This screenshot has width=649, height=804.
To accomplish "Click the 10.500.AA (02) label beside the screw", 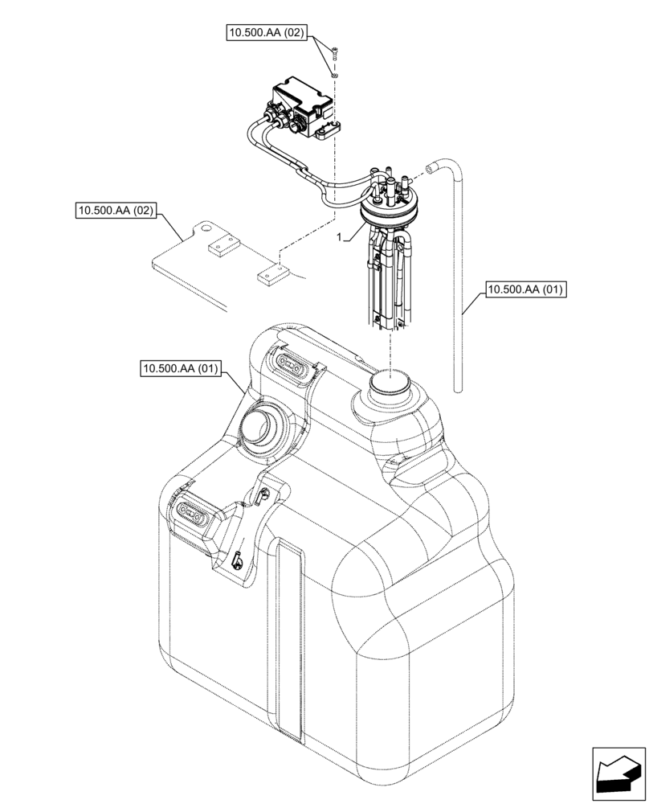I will (x=266, y=33).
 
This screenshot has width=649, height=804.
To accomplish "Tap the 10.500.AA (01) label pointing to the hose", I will (x=525, y=288).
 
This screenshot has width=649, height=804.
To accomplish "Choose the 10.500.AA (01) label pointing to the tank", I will (x=179, y=369).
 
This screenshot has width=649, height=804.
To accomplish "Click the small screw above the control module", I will (x=335, y=55).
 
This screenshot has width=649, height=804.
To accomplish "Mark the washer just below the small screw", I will (x=336, y=74).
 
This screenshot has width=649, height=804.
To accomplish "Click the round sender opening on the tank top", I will (x=390, y=383).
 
